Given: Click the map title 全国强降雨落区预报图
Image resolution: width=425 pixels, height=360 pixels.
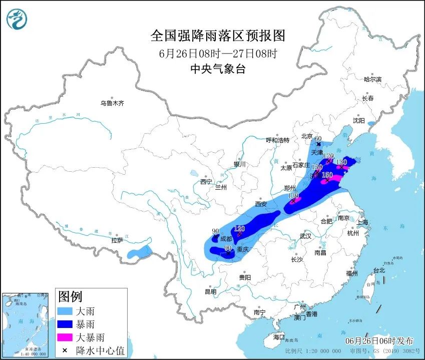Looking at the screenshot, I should pos(218,36).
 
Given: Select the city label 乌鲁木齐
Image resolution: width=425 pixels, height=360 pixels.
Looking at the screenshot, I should pos(112,104).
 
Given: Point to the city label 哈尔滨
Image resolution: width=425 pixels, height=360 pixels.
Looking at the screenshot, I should pos(372,79).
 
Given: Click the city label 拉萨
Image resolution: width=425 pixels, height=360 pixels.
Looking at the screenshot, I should pos(117,241).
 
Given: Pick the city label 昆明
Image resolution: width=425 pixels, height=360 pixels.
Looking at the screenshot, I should pos(210,291).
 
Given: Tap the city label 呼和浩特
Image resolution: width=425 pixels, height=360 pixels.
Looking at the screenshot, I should pos(278,140).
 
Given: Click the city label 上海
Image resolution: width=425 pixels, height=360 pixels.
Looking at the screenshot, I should pos(363,222).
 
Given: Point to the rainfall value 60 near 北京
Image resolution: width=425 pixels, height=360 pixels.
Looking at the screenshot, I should pos(317,139).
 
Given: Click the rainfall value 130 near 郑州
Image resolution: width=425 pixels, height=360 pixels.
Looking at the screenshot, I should pos(293,195).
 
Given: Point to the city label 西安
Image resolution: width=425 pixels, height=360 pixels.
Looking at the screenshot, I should pos(261,204).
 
